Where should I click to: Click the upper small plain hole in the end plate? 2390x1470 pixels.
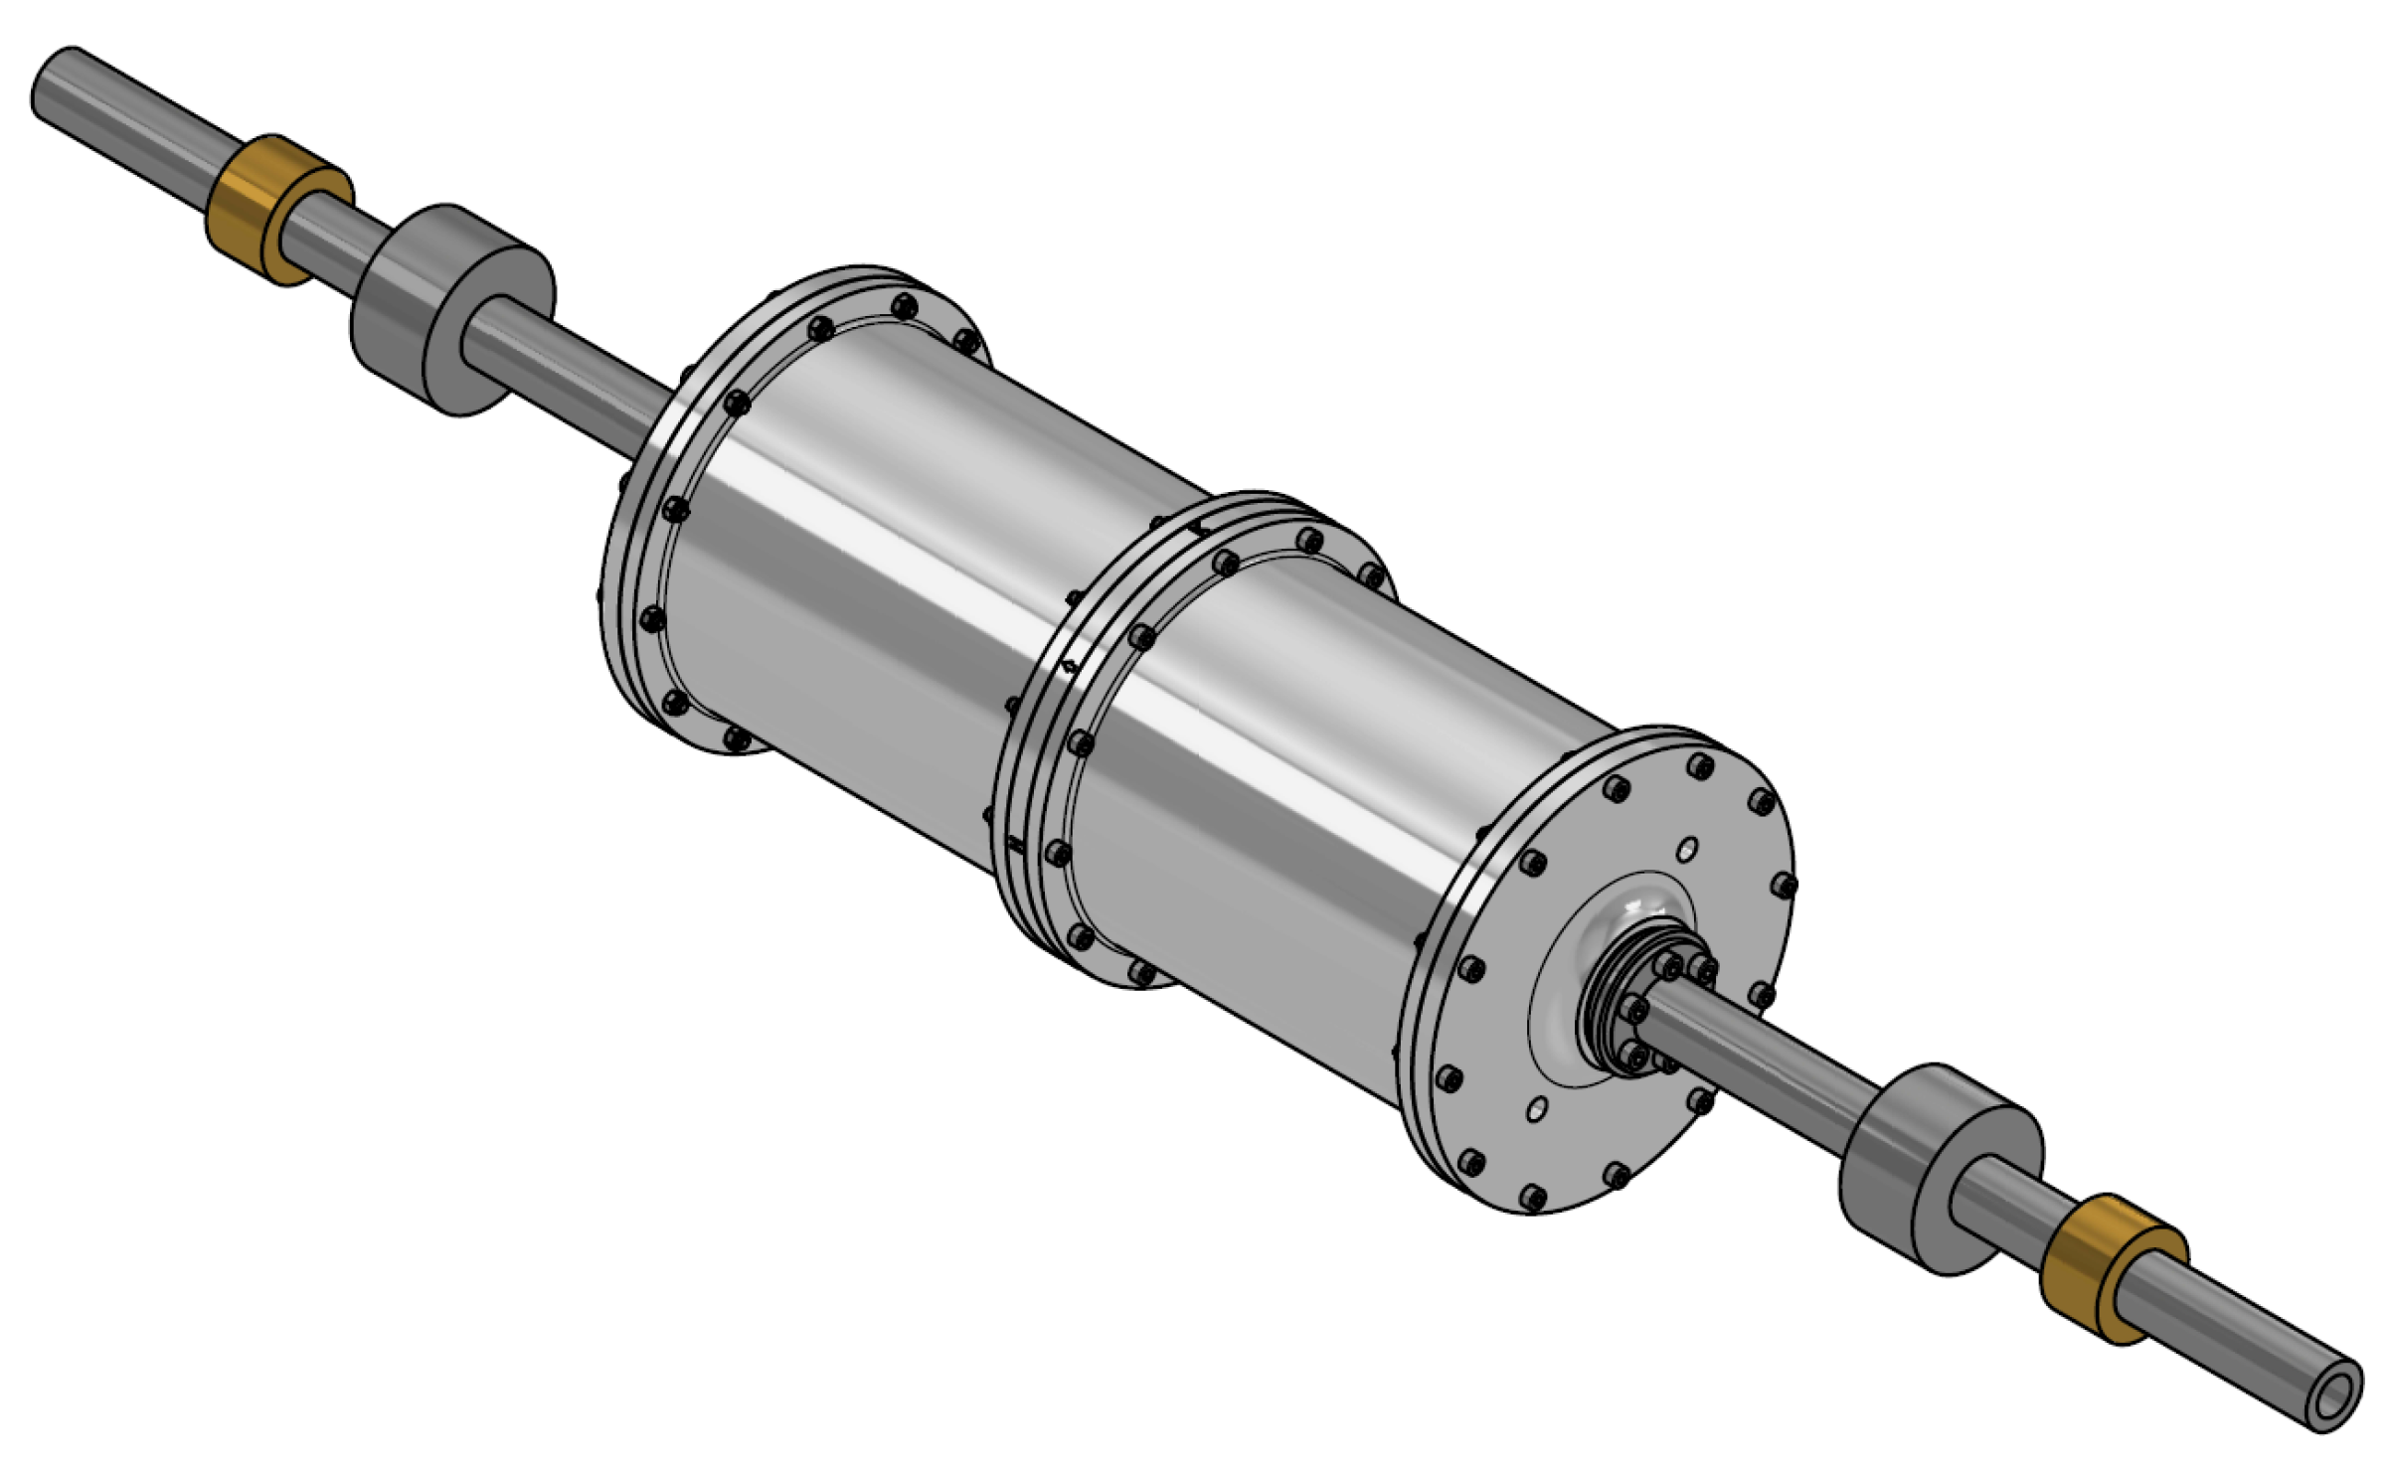tap(1687, 850)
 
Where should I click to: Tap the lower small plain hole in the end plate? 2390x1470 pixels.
tap(1538, 1107)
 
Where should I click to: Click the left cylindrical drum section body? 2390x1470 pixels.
tap(895, 576)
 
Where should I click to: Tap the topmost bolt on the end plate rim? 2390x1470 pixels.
tap(1701, 766)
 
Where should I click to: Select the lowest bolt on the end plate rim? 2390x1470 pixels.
tap(1534, 1198)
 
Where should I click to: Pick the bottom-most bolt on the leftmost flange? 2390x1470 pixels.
tap(737, 737)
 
